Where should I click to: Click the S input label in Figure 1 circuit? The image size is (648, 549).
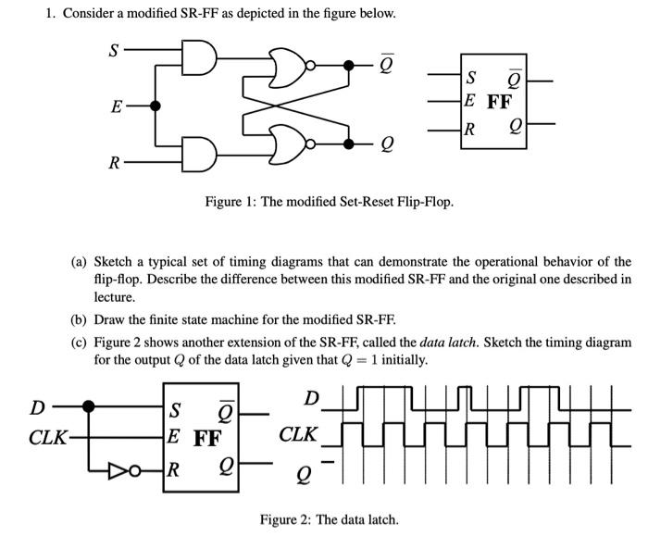113,50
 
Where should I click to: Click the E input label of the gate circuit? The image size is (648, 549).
115,106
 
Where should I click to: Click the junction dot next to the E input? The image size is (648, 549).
156,106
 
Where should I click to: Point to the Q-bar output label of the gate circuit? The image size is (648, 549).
386,66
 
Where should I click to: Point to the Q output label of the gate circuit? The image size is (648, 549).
386,143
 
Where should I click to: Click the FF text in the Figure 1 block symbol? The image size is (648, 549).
499,102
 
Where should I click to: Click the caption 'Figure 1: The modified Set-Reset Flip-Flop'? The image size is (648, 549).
330,201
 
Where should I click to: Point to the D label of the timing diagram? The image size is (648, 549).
312,399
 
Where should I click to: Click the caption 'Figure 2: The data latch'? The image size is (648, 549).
330,518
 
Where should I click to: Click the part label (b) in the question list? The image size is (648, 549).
80,320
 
